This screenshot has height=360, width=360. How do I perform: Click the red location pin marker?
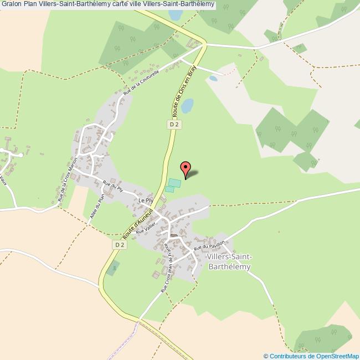point(186,168)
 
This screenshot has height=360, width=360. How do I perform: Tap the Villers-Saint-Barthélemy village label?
point(229,262)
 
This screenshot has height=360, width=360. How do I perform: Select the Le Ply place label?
point(145,200)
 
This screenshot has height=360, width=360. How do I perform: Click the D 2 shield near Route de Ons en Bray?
point(174,125)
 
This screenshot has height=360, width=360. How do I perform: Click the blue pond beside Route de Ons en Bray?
point(187,105)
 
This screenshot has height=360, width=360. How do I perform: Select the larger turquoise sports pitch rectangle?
point(174,183)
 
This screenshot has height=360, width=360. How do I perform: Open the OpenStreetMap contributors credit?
point(311,356)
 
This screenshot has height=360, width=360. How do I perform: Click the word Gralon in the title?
point(12,5)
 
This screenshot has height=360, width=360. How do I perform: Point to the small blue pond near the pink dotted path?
point(213,79)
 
